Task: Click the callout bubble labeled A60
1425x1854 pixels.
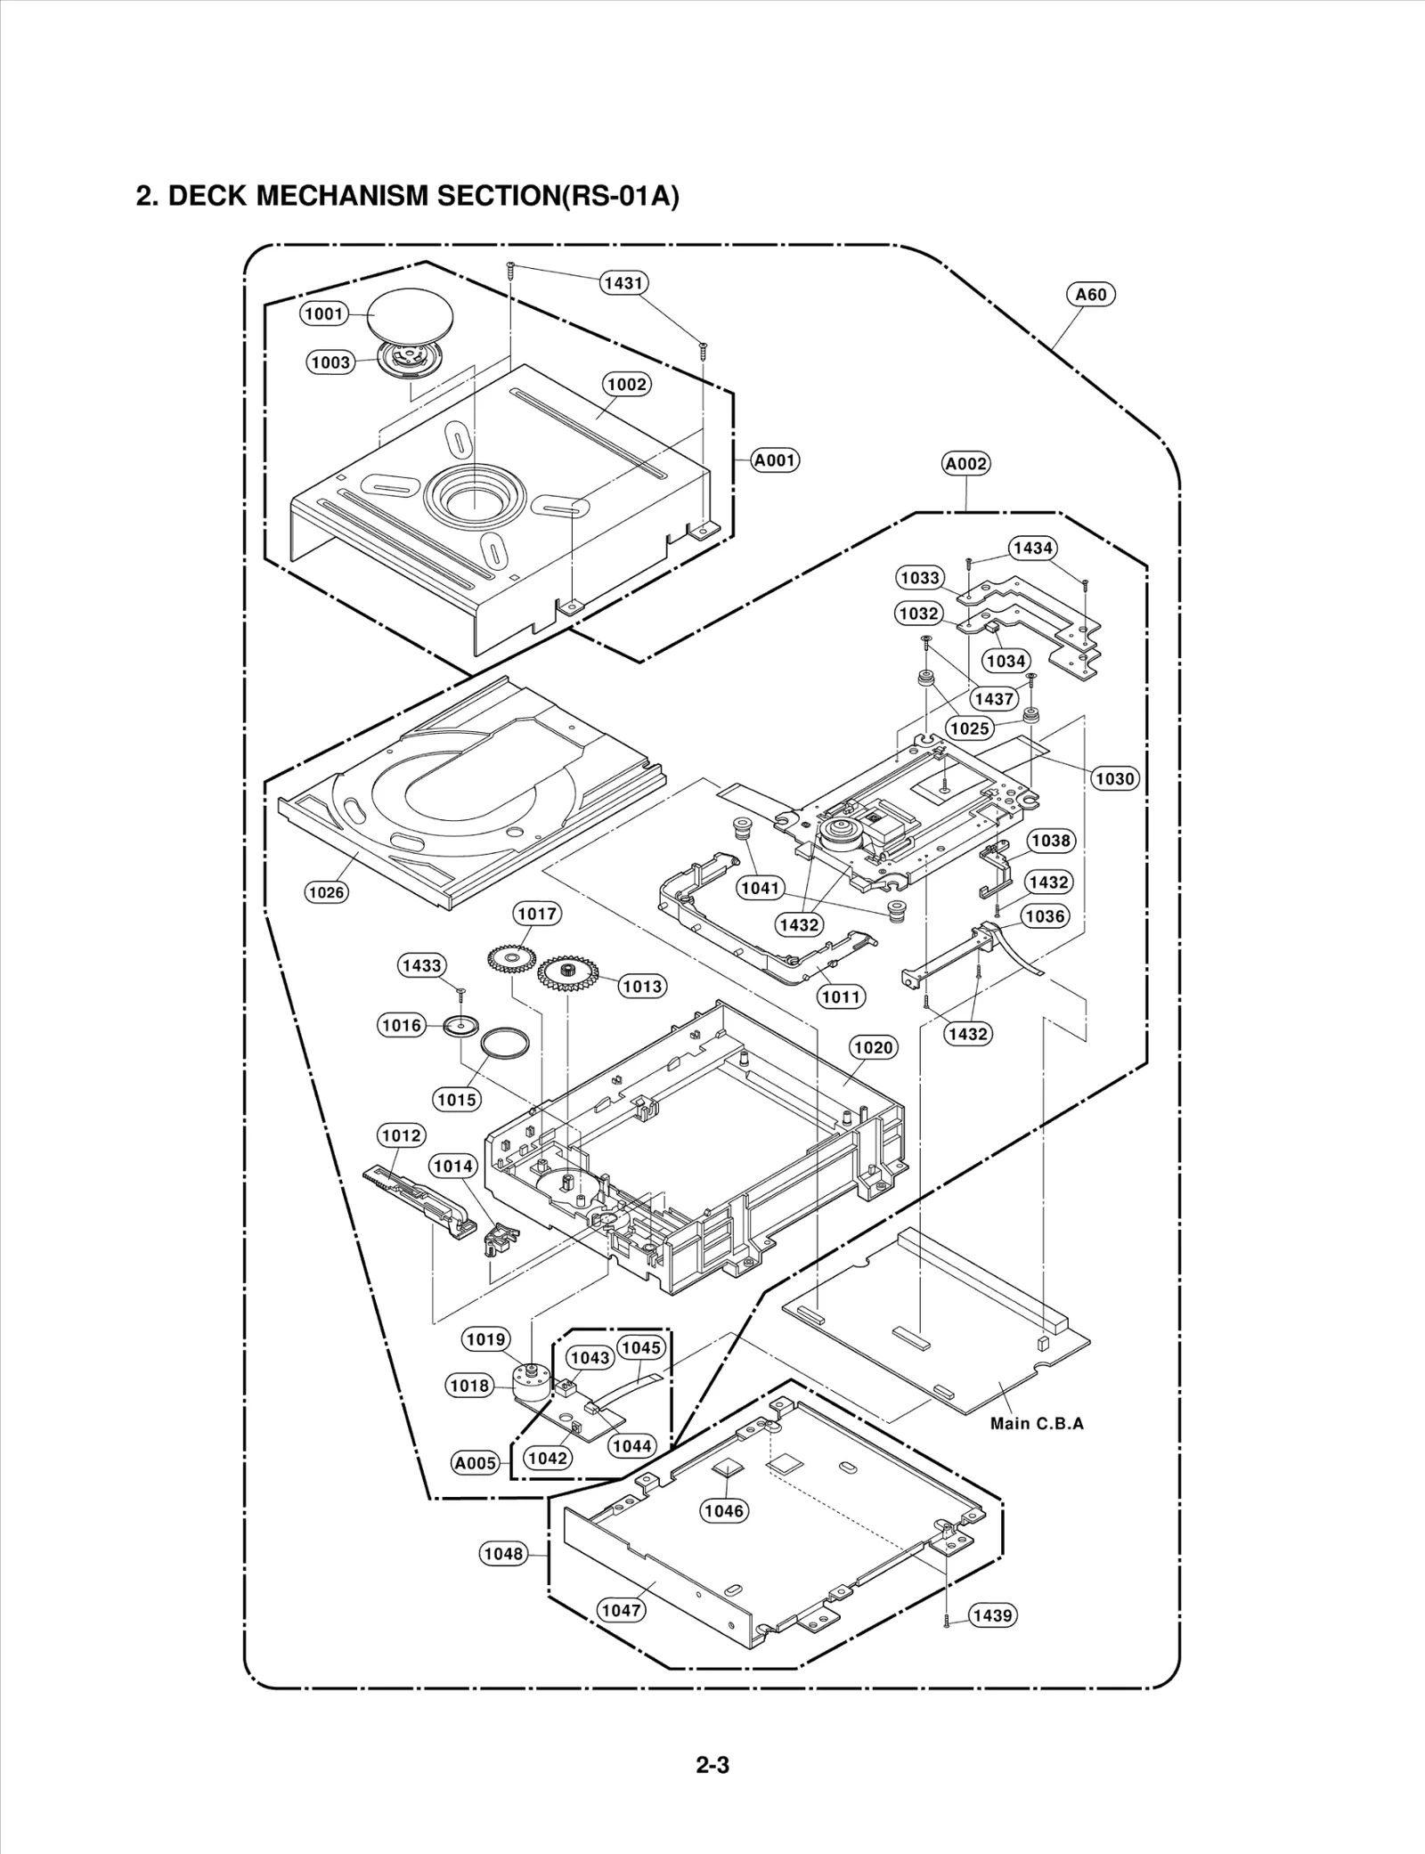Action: pyautogui.click(x=1090, y=295)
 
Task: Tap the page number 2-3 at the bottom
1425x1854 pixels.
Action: pyautogui.click(x=712, y=1764)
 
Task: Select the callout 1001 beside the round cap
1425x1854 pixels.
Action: pyautogui.click(x=323, y=313)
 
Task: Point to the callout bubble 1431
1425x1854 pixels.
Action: pyautogui.click(x=623, y=283)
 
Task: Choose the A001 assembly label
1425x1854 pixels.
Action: pyautogui.click(x=775, y=460)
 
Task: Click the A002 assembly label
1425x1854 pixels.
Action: pyautogui.click(x=966, y=464)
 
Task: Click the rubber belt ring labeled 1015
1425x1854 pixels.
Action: pyautogui.click(x=504, y=1043)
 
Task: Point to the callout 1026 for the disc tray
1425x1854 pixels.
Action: pyautogui.click(x=326, y=892)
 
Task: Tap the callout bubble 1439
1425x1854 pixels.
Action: pyautogui.click(x=992, y=1615)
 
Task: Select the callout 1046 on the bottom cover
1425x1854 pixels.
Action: pyautogui.click(x=723, y=1510)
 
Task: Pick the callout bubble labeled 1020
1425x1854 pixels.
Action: pyautogui.click(x=873, y=1047)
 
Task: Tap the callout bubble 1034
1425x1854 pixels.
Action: pyautogui.click(x=1006, y=661)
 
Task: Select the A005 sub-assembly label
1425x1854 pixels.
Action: pyautogui.click(x=476, y=1463)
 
